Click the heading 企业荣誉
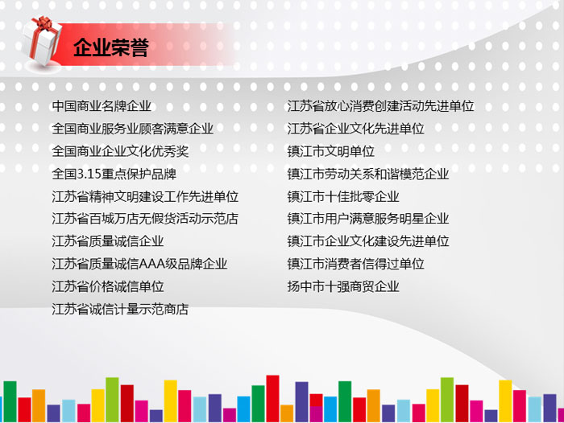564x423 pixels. pos(111,47)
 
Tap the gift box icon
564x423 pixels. pos(42,41)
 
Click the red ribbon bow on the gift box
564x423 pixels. pos(43,23)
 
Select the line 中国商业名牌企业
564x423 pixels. pos(102,106)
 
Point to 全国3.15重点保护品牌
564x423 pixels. pos(114,174)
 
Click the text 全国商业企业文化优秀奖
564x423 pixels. pos(120,151)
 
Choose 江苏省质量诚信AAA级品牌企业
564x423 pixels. pos(139,264)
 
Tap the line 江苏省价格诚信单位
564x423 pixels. pos(108,286)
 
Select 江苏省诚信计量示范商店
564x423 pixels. pos(120,309)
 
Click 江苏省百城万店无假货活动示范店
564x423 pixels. pos(145,219)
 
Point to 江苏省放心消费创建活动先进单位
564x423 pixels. pos(380,106)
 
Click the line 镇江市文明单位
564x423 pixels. pos(331,151)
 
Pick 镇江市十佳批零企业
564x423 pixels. pos(343,196)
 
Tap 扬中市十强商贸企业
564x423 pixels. pos(343,286)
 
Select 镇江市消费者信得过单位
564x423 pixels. pos(356,264)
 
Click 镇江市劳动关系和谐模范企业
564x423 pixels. pos(368,174)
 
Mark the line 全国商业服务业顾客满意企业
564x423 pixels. pos(133,129)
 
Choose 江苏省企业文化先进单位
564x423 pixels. pos(356,129)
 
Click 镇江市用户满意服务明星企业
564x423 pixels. pos(368,219)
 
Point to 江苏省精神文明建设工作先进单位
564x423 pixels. pos(145,196)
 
